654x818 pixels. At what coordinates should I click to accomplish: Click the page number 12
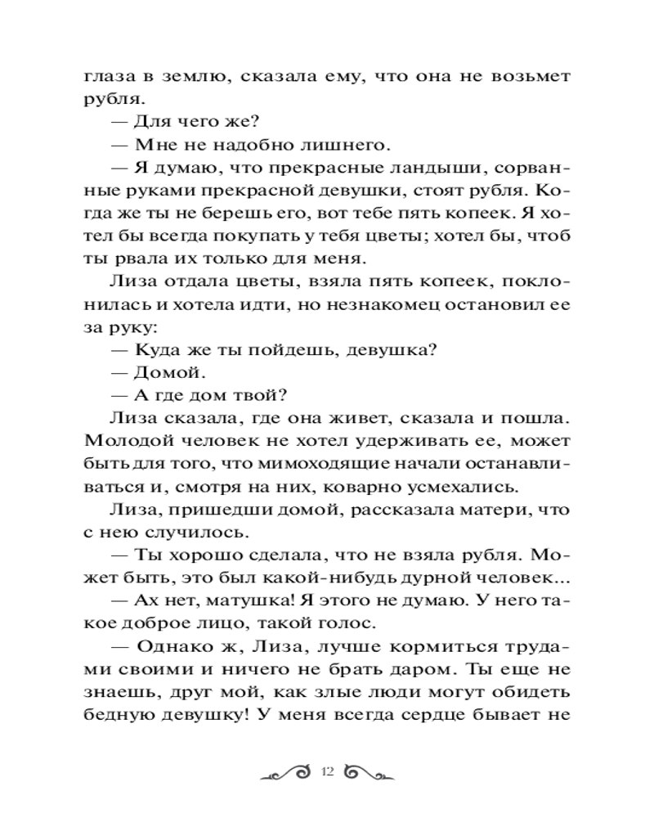coord(329,771)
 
